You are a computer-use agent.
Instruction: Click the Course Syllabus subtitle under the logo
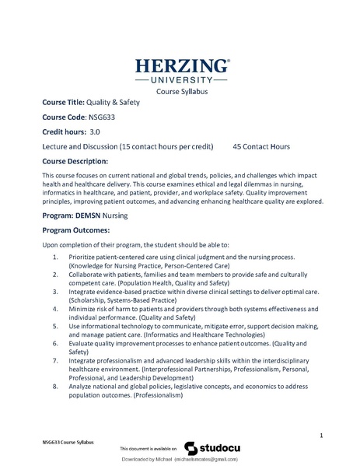point(182,92)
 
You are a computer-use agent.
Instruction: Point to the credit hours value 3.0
point(96,131)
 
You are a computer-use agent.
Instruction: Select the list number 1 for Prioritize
point(56,257)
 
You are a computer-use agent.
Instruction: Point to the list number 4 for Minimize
point(56,308)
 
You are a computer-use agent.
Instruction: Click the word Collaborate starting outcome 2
point(88,274)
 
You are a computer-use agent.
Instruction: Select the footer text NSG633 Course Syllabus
point(68,441)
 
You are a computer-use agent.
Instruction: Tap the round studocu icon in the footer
point(190,448)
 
